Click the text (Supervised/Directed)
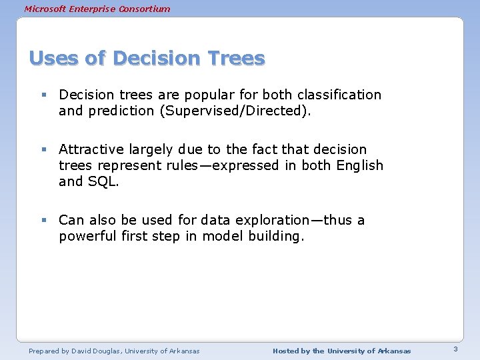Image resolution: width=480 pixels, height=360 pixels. [234, 111]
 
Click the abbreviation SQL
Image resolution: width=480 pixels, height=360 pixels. [103, 181]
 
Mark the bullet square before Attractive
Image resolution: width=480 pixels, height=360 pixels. [43, 150]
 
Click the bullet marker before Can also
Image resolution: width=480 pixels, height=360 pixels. [43, 221]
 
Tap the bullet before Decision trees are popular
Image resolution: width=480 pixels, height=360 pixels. [43, 95]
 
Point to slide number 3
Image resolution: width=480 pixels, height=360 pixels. [455, 349]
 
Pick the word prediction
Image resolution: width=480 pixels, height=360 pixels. [122, 111]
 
